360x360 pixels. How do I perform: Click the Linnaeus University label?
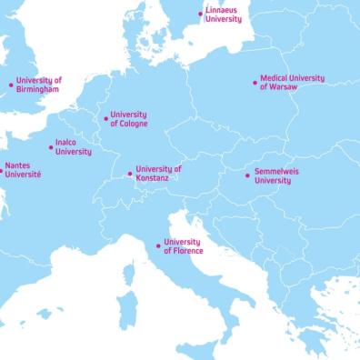[x=224, y=15]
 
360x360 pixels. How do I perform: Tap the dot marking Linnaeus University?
[x=201, y=14]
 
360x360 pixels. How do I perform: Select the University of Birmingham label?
[x=38, y=85]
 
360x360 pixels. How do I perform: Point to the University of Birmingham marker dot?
[x=11, y=85]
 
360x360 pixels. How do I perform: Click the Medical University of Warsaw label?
[x=292, y=83]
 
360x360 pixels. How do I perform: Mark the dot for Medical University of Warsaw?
[x=255, y=83]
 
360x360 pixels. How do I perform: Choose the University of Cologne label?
[x=128, y=119]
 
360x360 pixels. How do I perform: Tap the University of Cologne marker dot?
[x=105, y=119]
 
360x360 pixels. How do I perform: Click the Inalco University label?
[x=73, y=147]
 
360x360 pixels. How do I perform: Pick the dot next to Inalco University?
[x=51, y=147]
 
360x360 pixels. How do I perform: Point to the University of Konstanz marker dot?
[x=130, y=174]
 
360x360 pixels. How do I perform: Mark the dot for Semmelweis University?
[x=248, y=175]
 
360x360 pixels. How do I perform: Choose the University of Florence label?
[x=183, y=246]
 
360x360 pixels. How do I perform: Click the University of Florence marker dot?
[x=158, y=246]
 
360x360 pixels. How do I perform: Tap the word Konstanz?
[x=154, y=178]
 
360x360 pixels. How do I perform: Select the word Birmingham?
[x=38, y=90]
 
